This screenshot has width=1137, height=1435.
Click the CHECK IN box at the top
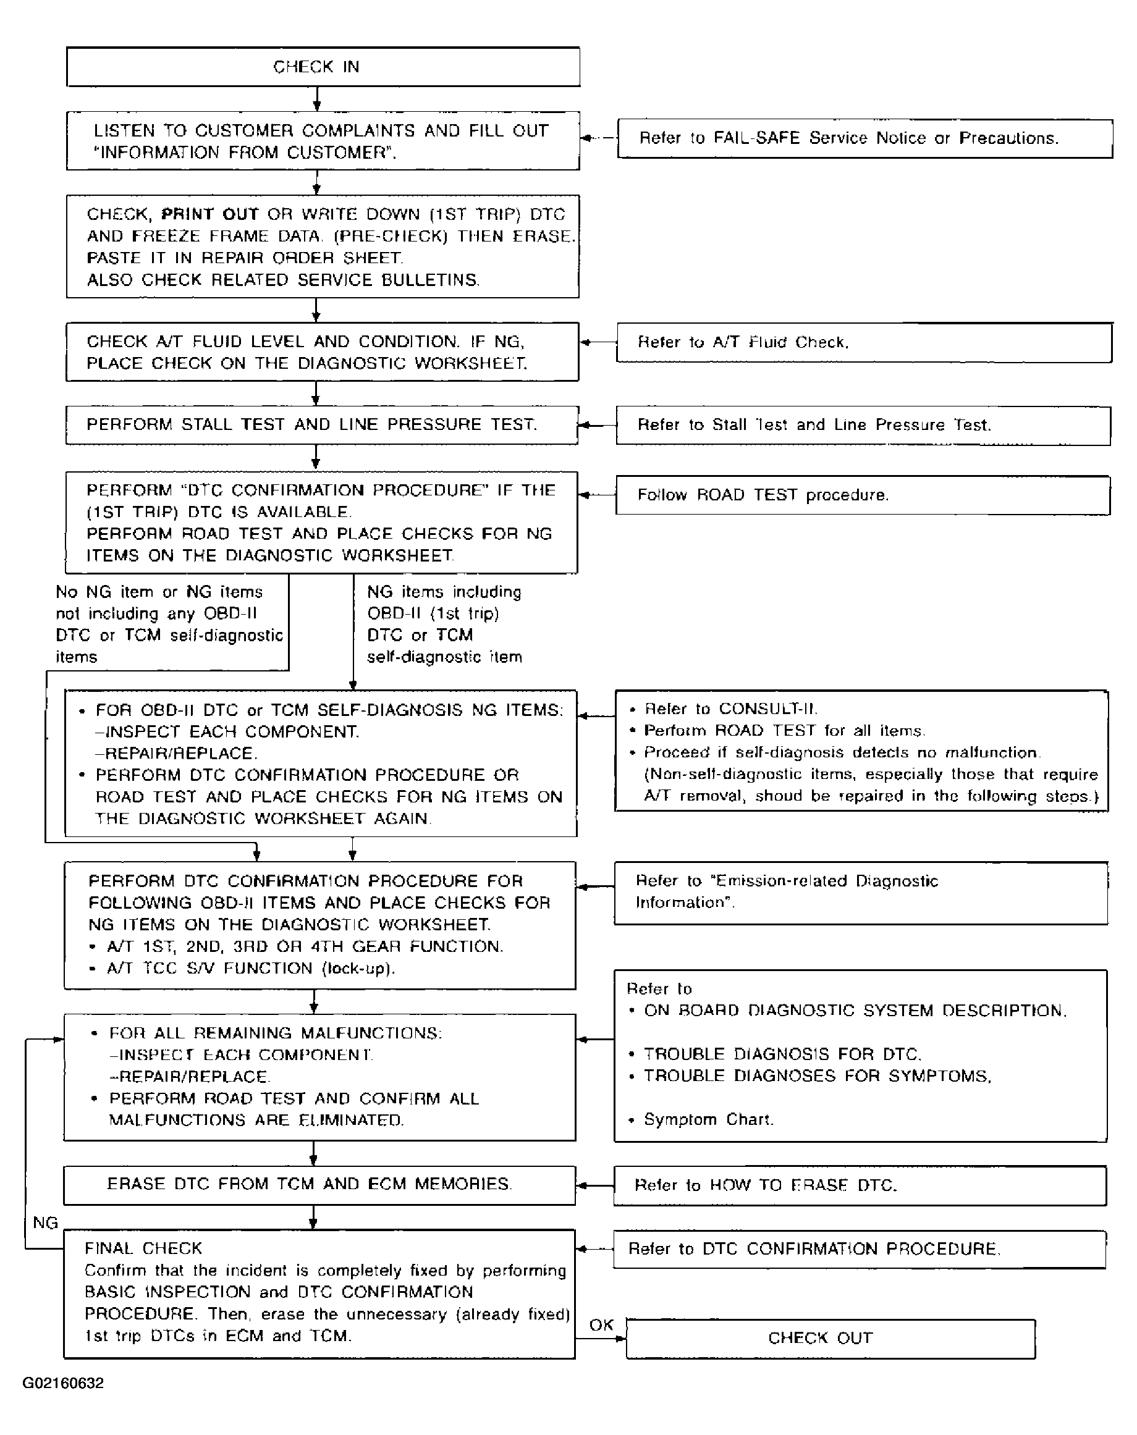tap(323, 67)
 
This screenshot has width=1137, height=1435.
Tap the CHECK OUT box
tap(830, 1339)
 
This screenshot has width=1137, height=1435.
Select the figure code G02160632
tap(63, 1383)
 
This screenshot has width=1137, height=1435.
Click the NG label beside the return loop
tap(45, 1222)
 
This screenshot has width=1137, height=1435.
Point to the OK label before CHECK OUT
tap(601, 1324)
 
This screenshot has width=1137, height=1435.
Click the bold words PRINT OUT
tap(209, 214)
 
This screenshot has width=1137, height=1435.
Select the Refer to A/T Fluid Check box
tap(863, 343)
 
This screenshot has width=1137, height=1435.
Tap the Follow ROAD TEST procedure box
tap(862, 495)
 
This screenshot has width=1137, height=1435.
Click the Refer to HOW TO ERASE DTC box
tap(860, 1185)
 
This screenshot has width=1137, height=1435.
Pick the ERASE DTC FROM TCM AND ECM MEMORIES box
tap(319, 1185)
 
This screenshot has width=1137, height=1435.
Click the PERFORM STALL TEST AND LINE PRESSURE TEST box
tap(321, 424)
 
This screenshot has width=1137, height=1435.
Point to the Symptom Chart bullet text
tap(708, 1119)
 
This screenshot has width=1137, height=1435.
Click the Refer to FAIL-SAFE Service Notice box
tap(864, 138)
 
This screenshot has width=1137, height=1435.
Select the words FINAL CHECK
tap(143, 1248)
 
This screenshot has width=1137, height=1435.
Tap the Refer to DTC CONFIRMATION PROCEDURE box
tap(859, 1248)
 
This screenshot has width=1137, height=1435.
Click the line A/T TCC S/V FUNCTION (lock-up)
tap(251, 968)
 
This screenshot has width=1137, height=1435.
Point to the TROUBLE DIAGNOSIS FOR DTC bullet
tap(782, 1054)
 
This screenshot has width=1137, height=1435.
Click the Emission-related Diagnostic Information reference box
tap(860, 893)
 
